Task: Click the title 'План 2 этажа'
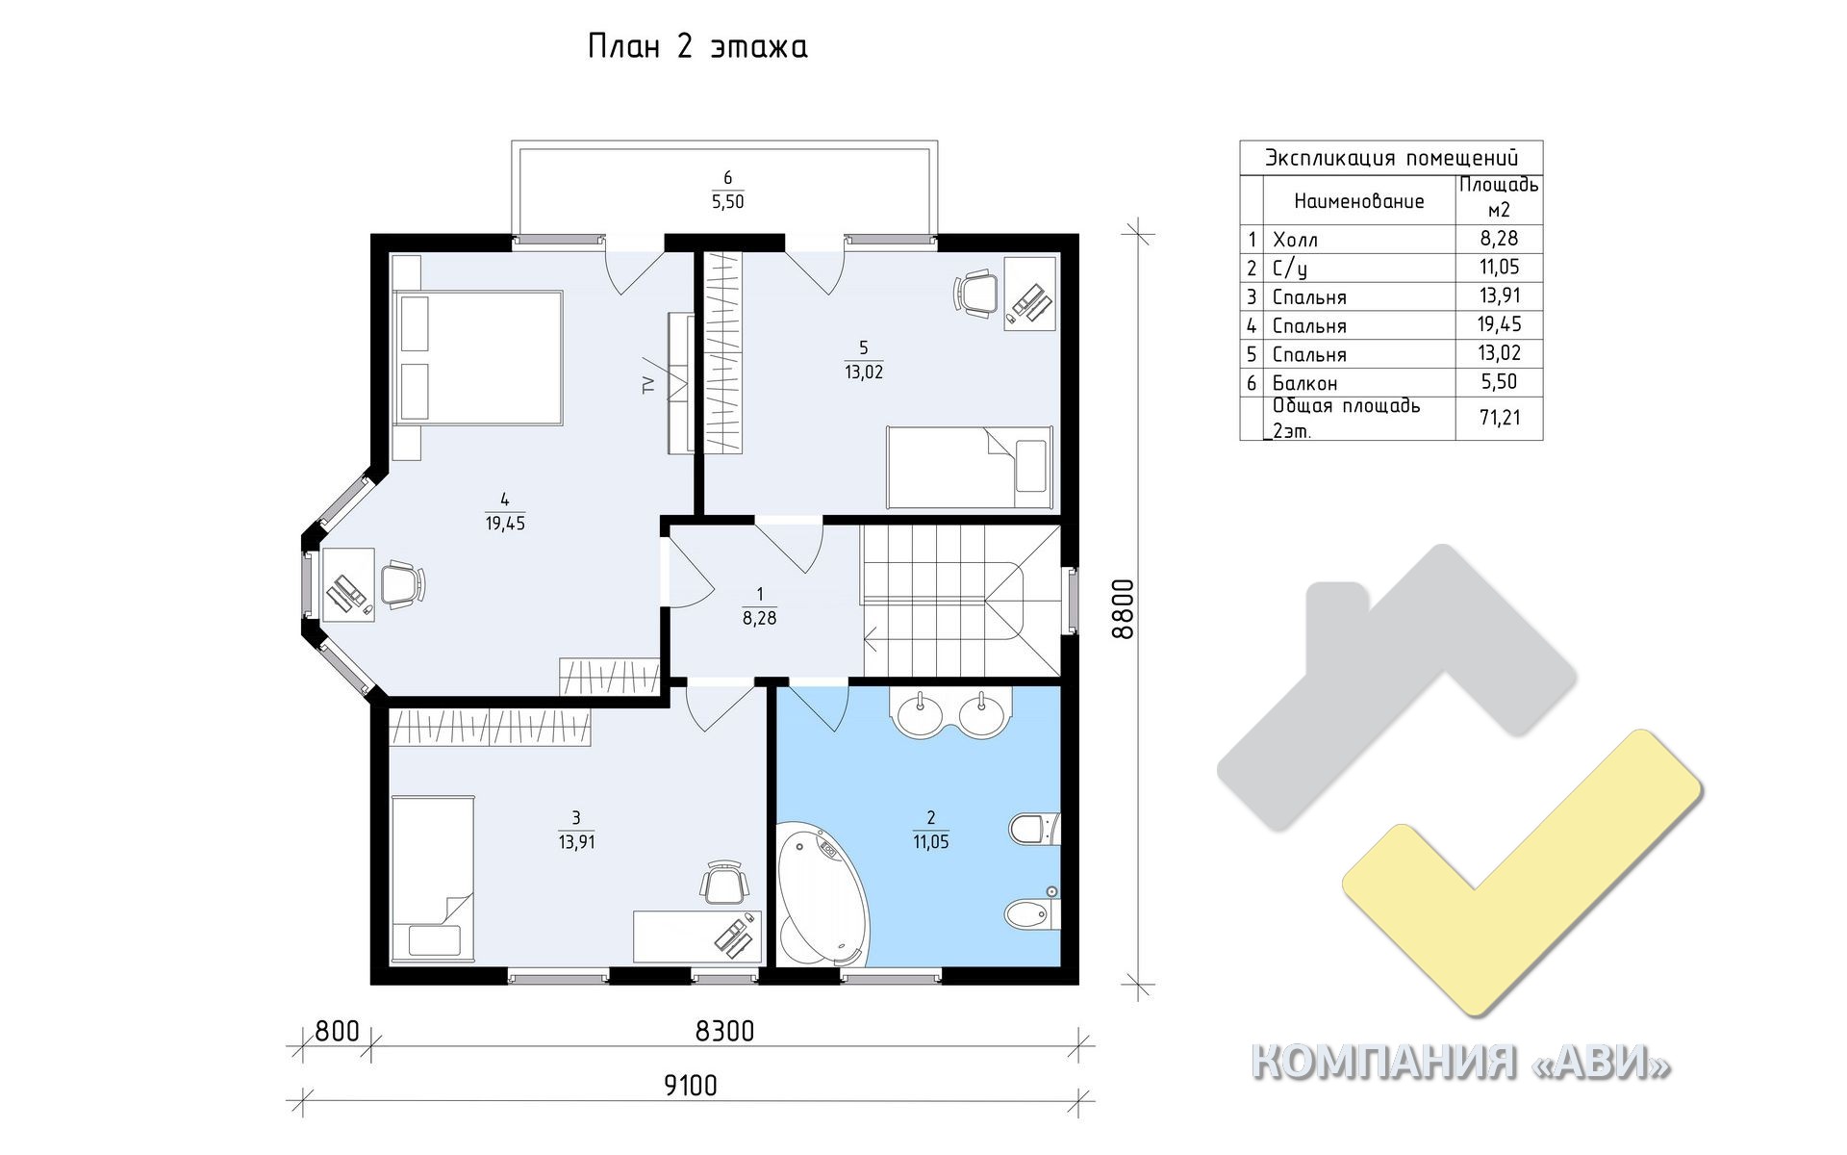[x=697, y=47]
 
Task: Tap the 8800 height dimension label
[x=1122, y=608]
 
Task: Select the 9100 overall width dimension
[x=691, y=1086]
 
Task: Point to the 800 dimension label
[x=337, y=1031]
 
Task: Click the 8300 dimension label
[x=724, y=1031]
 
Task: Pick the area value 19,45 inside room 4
[x=505, y=524]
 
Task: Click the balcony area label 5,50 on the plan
[x=727, y=201]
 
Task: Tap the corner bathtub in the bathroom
[x=822, y=893]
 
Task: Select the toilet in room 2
[x=1034, y=829]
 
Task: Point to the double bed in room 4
[x=478, y=357]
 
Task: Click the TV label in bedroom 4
[x=648, y=385]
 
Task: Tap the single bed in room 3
[x=433, y=878]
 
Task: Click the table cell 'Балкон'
[x=1304, y=383]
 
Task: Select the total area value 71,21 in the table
[x=1499, y=418]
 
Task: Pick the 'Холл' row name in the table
[x=1295, y=240]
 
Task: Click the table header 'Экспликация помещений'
[x=1391, y=158]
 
